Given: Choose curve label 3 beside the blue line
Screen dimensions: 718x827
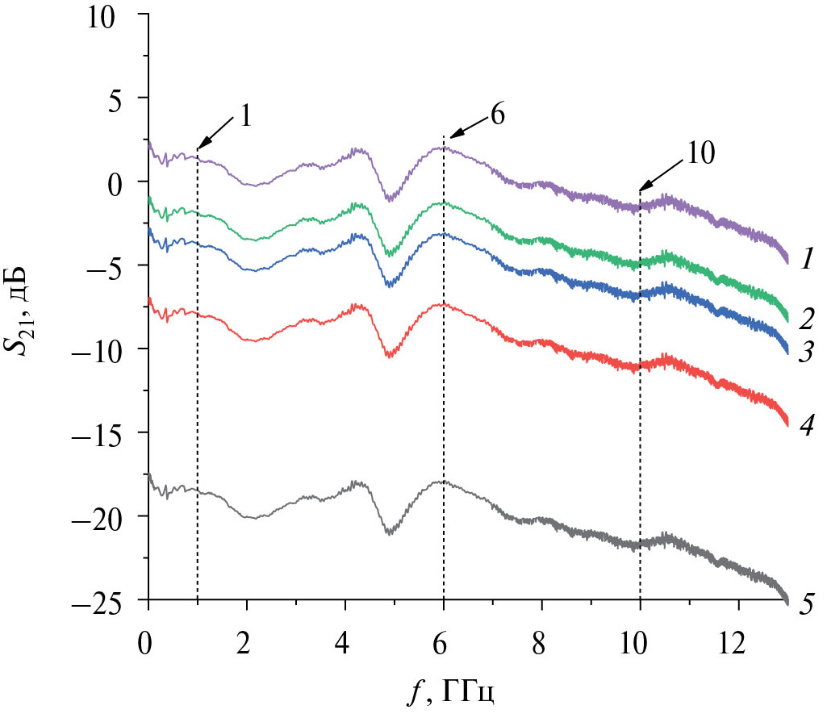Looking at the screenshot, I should (807, 352).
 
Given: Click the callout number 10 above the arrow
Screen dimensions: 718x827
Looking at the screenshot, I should (701, 154).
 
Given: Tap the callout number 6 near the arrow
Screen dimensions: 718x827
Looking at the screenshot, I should (497, 115).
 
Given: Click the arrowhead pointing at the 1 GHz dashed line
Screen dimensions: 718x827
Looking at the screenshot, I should (200, 147).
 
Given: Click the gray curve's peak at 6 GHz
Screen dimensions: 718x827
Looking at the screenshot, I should (442, 482).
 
